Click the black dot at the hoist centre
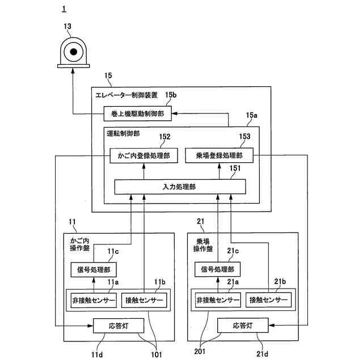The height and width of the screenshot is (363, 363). [x=73, y=52]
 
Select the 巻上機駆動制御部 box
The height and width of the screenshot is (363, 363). [x=137, y=113]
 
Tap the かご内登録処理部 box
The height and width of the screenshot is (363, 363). [x=143, y=155]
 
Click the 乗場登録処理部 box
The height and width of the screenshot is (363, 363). [x=220, y=155]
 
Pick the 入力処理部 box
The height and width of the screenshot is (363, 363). [x=180, y=187]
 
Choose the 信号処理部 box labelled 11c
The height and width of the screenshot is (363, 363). [x=94, y=269]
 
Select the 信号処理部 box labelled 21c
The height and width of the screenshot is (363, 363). [x=217, y=269]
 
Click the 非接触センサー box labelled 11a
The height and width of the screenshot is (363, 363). [x=94, y=300]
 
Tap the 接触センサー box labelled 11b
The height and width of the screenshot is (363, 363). [x=144, y=300]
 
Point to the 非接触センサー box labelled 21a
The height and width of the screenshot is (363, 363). [x=218, y=300]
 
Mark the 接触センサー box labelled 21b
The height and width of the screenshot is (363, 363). [x=268, y=300]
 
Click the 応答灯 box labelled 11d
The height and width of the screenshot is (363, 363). [x=119, y=326]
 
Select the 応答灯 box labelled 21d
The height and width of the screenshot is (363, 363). [x=243, y=325]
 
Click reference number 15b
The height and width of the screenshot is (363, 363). [x=171, y=95]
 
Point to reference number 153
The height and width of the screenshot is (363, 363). [x=244, y=136]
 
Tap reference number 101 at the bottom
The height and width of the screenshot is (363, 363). [x=157, y=354]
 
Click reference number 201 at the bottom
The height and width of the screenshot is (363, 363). [x=200, y=352]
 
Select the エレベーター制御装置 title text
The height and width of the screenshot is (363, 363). [x=126, y=95]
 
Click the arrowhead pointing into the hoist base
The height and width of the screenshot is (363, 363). [x=73, y=70]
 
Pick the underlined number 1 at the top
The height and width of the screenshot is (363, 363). [x=64, y=9]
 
